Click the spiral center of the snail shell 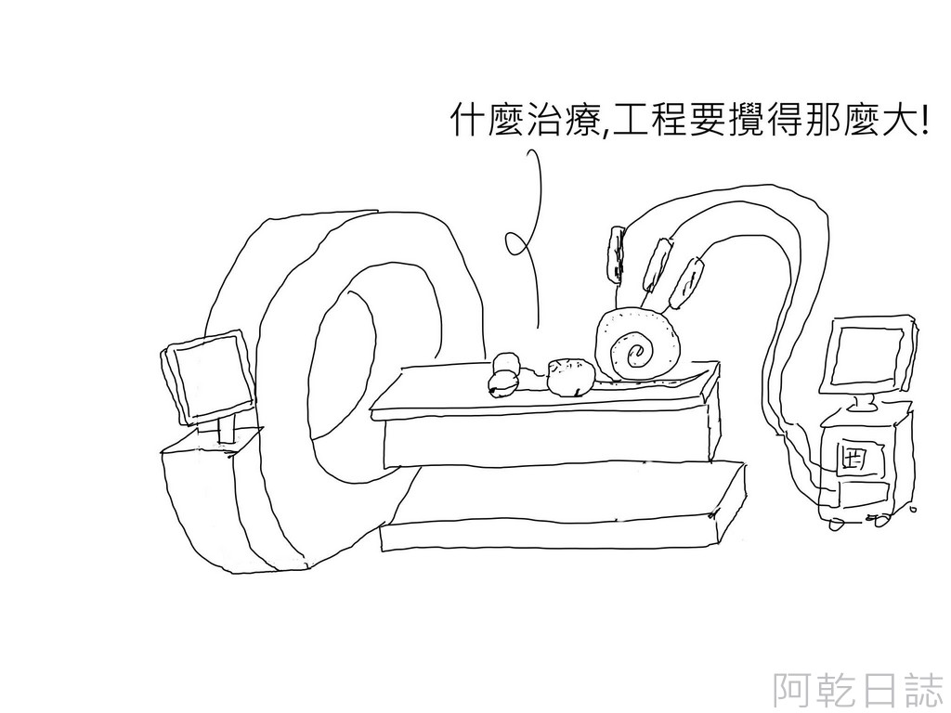pyautogui.click(x=638, y=352)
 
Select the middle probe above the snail pyautogui.click(x=658, y=264)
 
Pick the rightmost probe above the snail pyautogui.click(x=687, y=282)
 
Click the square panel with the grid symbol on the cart pyautogui.click(x=851, y=459)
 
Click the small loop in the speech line pyautogui.click(x=515, y=243)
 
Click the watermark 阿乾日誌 pyautogui.click(x=858, y=690)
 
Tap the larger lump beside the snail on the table pyautogui.click(x=567, y=376)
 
